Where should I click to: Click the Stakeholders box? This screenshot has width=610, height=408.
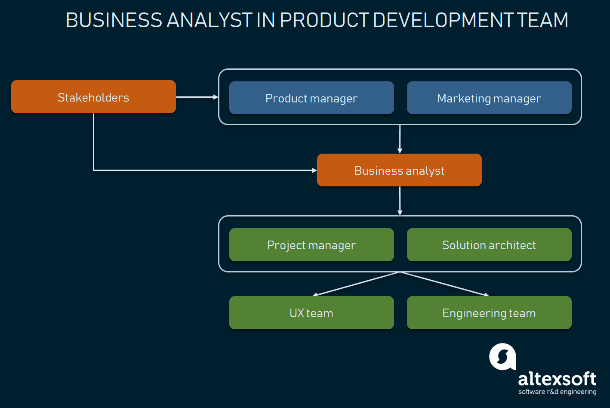[x=93, y=97]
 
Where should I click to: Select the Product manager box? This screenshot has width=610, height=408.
[x=311, y=98]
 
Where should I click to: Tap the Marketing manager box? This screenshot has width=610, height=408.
[x=489, y=98]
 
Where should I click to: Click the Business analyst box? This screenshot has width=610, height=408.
[x=399, y=170]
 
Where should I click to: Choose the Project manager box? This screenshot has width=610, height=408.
[x=311, y=245]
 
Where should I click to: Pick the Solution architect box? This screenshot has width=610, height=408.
[x=489, y=245]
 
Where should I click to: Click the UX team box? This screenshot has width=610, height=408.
[x=311, y=313]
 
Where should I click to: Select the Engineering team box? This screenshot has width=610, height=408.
[x=489, y=313]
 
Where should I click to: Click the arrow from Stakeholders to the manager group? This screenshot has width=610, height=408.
[x=197, y=97]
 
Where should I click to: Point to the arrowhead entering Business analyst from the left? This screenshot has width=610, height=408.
[x=314, y=170]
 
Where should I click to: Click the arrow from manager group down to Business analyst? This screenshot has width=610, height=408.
[x=400, y=139]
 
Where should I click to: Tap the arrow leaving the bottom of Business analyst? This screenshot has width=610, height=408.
[x=400, y=201]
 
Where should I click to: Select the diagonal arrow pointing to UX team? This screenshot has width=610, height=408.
[x=356, y=284]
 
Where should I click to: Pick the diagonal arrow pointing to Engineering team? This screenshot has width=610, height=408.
[x=444, y=284]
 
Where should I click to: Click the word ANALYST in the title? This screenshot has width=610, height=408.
[x=209, y=20]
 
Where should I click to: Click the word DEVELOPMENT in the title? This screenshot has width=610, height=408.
[x=444, y=20]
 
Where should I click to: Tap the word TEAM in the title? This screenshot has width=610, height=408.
[x=543, y=20]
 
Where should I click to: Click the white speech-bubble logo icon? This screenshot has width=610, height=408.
[x=502, y=356]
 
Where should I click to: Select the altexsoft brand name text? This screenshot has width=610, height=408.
[x=557, y=379]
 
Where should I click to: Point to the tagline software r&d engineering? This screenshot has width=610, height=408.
[x=558, y=392]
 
